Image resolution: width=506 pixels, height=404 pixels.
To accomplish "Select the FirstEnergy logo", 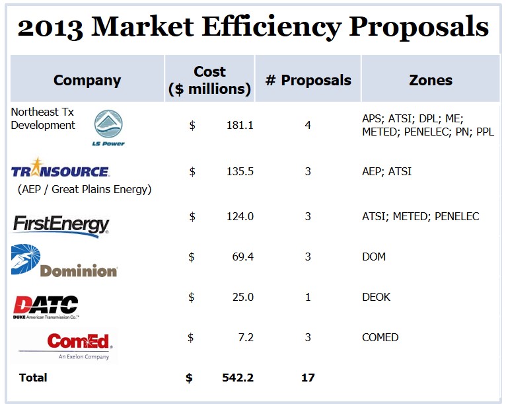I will (61, 223).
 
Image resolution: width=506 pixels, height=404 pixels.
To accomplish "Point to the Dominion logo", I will (65, 261).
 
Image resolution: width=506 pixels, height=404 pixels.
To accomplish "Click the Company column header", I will (87, 81).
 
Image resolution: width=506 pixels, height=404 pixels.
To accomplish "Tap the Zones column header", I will (431, 81).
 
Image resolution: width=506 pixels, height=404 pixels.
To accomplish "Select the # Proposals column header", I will (308, 81).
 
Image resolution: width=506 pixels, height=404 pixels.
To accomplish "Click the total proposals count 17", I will (308, 378).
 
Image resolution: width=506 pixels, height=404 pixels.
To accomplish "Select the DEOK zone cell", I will (377, 297).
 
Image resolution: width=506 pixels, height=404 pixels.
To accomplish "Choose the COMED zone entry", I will (380, 337).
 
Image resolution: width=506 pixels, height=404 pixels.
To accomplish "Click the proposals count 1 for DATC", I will (308, 297).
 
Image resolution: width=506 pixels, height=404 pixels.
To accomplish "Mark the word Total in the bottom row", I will (33, 378).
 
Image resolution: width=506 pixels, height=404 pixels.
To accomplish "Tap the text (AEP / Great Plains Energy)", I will (85, 190).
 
